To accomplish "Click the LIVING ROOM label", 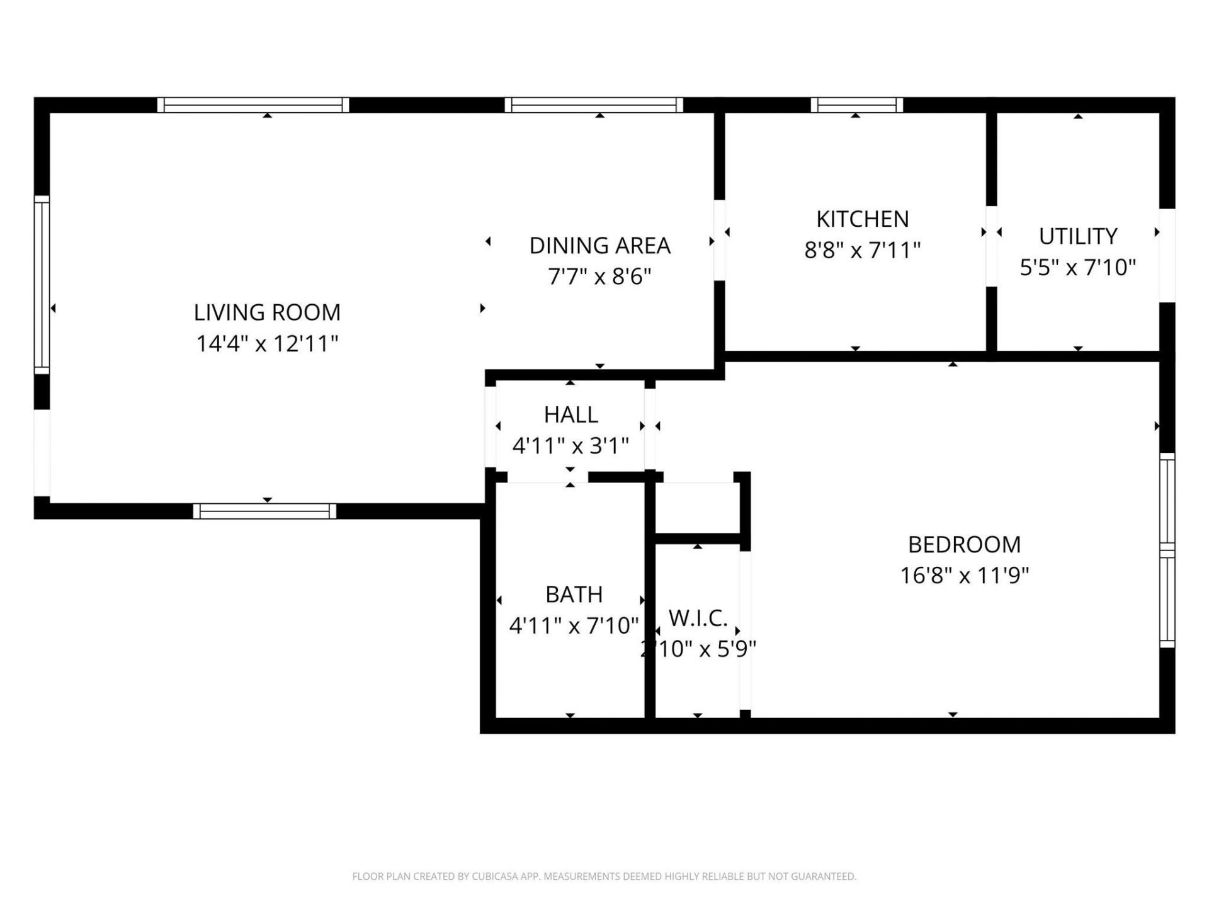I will (267, 312).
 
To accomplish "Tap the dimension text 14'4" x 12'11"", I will (267, 344).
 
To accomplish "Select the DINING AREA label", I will (599, 246).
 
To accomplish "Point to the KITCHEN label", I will (862, 219).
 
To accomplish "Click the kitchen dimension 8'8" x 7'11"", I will (862, 251).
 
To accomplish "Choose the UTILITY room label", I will (1077, 236).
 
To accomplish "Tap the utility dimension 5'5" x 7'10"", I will (1077, 268).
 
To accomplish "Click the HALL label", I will (570, 414).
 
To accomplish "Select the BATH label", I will (574, 594).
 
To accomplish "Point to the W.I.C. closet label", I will (698, 619).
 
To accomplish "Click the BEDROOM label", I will (964, 544).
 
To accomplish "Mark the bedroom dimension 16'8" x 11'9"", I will (964, 576).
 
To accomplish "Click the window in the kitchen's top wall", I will (856, 105).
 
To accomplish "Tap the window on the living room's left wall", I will (42, 285).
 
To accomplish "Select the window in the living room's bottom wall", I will (264, 511).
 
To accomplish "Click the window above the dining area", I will (593, 105).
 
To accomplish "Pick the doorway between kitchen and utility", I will (991, 246).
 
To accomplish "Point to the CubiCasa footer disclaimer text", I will (604, 876).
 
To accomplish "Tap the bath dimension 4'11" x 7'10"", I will (574, 625).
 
